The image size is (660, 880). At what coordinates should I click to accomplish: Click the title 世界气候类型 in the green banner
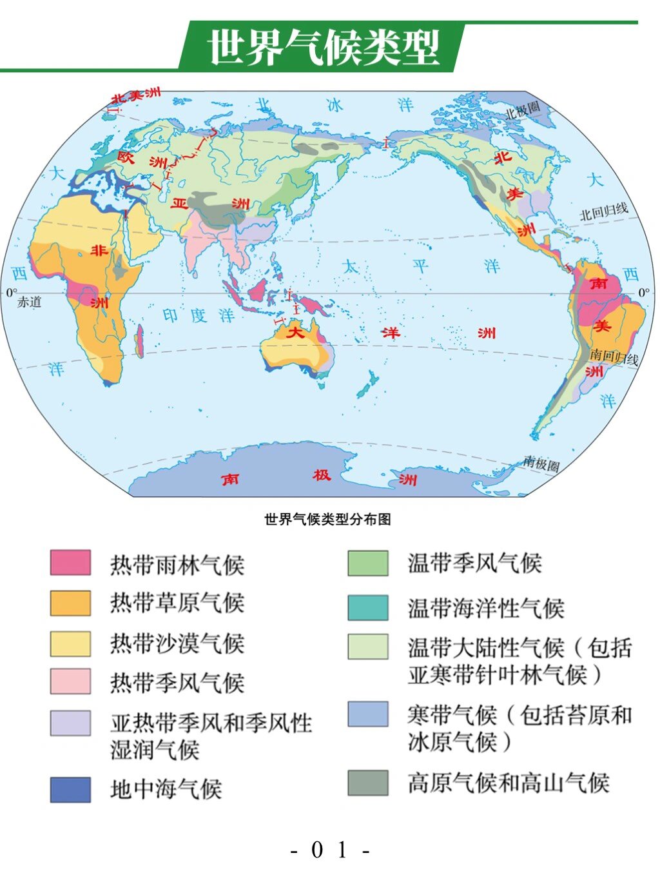(324, 48)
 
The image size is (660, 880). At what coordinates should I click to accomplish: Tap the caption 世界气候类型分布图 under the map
(327, 520)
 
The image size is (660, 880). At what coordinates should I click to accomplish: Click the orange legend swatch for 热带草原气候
(70, 603)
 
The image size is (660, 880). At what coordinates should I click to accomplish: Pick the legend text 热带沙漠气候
(177, 643)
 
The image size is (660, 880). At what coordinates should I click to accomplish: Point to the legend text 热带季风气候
(177, 683)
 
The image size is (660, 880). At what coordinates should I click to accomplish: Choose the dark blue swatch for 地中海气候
(70, 790)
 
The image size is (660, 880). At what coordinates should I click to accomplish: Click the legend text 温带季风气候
(474, 563)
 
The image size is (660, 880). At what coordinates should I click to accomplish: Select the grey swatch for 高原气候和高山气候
(368, 783)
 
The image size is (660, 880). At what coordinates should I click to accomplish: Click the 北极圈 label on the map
(523, 110)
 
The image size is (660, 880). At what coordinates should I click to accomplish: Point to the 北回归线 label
(603, 211)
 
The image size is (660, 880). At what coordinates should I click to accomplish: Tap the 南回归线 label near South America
(613, 357)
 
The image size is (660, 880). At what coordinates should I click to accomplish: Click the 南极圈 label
(541, 463)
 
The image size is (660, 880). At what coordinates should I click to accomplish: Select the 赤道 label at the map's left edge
(29, 302)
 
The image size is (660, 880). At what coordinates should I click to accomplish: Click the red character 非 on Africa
(99, 251)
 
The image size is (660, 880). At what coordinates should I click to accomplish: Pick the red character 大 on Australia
(295, 333)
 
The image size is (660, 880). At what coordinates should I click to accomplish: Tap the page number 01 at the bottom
(329, 850)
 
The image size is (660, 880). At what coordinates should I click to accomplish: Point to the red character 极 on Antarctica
(322, 476)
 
